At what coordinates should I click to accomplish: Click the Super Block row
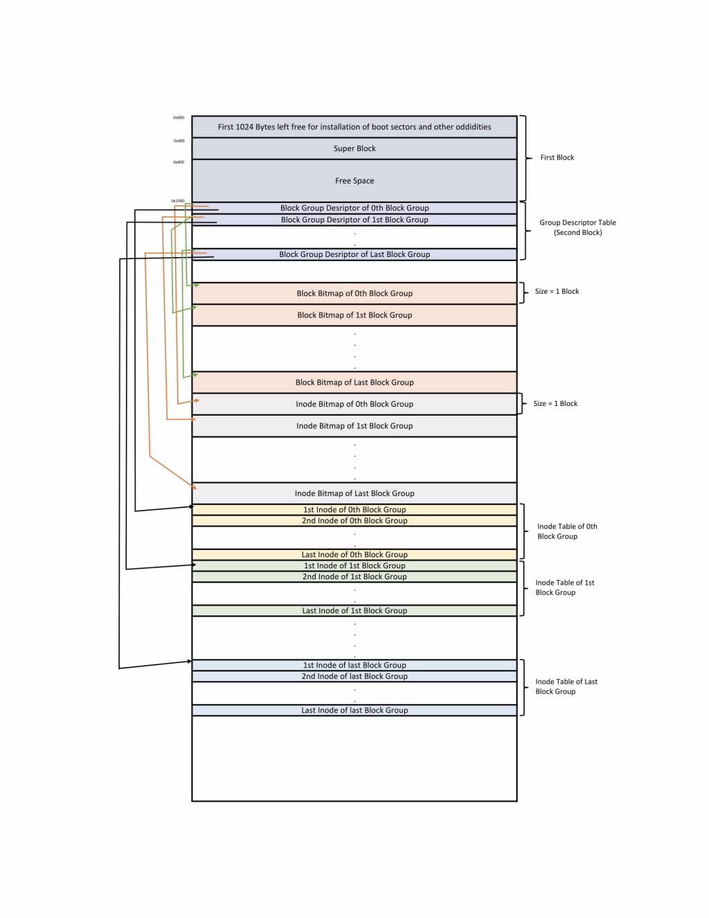pos(354,148)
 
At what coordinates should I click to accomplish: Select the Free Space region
pos(354,181)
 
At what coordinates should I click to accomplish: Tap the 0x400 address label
pos(179,141)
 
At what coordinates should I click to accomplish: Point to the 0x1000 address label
pos(178,201)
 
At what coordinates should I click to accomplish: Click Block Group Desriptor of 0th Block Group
pos(354,208)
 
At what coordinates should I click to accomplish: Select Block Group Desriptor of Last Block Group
pos(354,254)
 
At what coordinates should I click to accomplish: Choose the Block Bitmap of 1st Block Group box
pos(354,315)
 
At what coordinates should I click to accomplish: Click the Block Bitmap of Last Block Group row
pos(354,382)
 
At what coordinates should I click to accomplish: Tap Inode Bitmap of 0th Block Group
pos(354,404)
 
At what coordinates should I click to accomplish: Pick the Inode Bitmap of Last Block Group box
pos(354,493)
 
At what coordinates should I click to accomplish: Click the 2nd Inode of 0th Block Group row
pos(354,521)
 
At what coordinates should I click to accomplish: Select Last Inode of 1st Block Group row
pos(354,611)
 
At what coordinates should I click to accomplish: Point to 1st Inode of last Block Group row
pos(354,665)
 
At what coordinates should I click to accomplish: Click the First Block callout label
pos(557,158)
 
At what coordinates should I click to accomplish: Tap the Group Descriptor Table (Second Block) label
pos(577,227)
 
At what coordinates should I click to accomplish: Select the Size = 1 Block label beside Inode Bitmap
pos(555,403)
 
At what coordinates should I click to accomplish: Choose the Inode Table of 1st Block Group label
pos(564,588)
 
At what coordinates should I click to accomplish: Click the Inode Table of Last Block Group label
pos(566,687)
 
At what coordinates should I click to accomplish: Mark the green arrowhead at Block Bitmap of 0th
pos(197,285)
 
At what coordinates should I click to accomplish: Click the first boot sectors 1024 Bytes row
pos(354,127)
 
